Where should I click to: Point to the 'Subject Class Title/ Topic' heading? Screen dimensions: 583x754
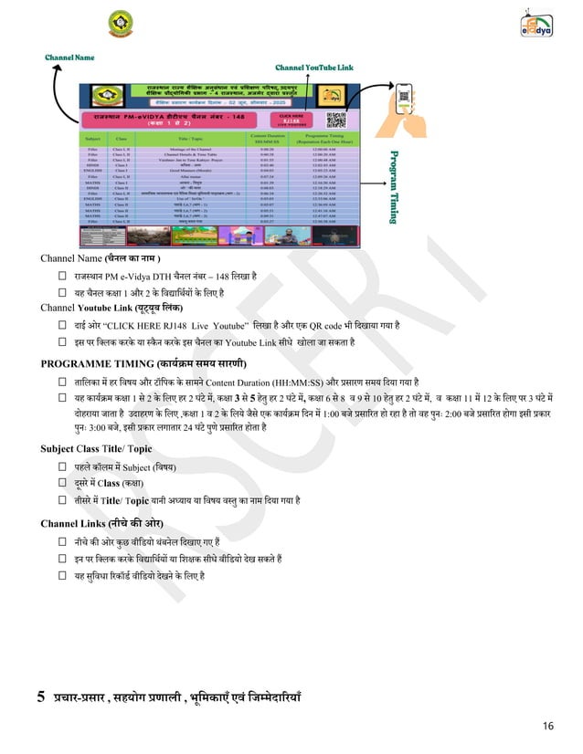(x=96, y=449)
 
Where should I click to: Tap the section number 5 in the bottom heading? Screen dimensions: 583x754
(x=41, y=698)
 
